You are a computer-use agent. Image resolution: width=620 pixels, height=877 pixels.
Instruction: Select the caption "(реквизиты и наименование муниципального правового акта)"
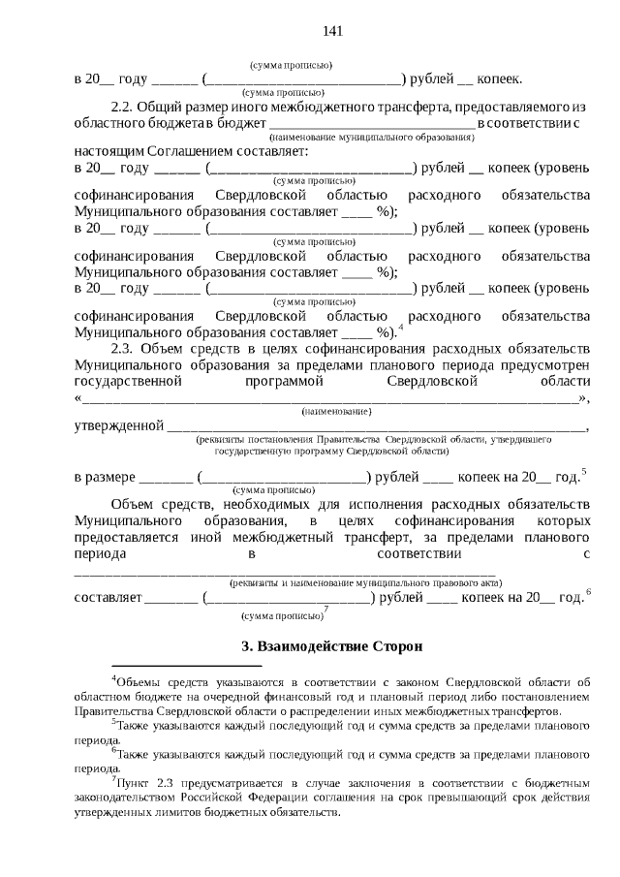coord(365,583)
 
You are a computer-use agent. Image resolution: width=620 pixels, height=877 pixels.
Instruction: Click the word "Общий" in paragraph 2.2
coord(158,105)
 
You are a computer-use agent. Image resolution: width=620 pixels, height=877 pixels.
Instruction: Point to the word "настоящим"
coord(108,152)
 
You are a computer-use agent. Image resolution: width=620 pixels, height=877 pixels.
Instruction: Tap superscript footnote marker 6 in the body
coord(589,592)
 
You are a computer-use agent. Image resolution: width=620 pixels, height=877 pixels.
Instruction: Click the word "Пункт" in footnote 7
coord(136,780)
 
